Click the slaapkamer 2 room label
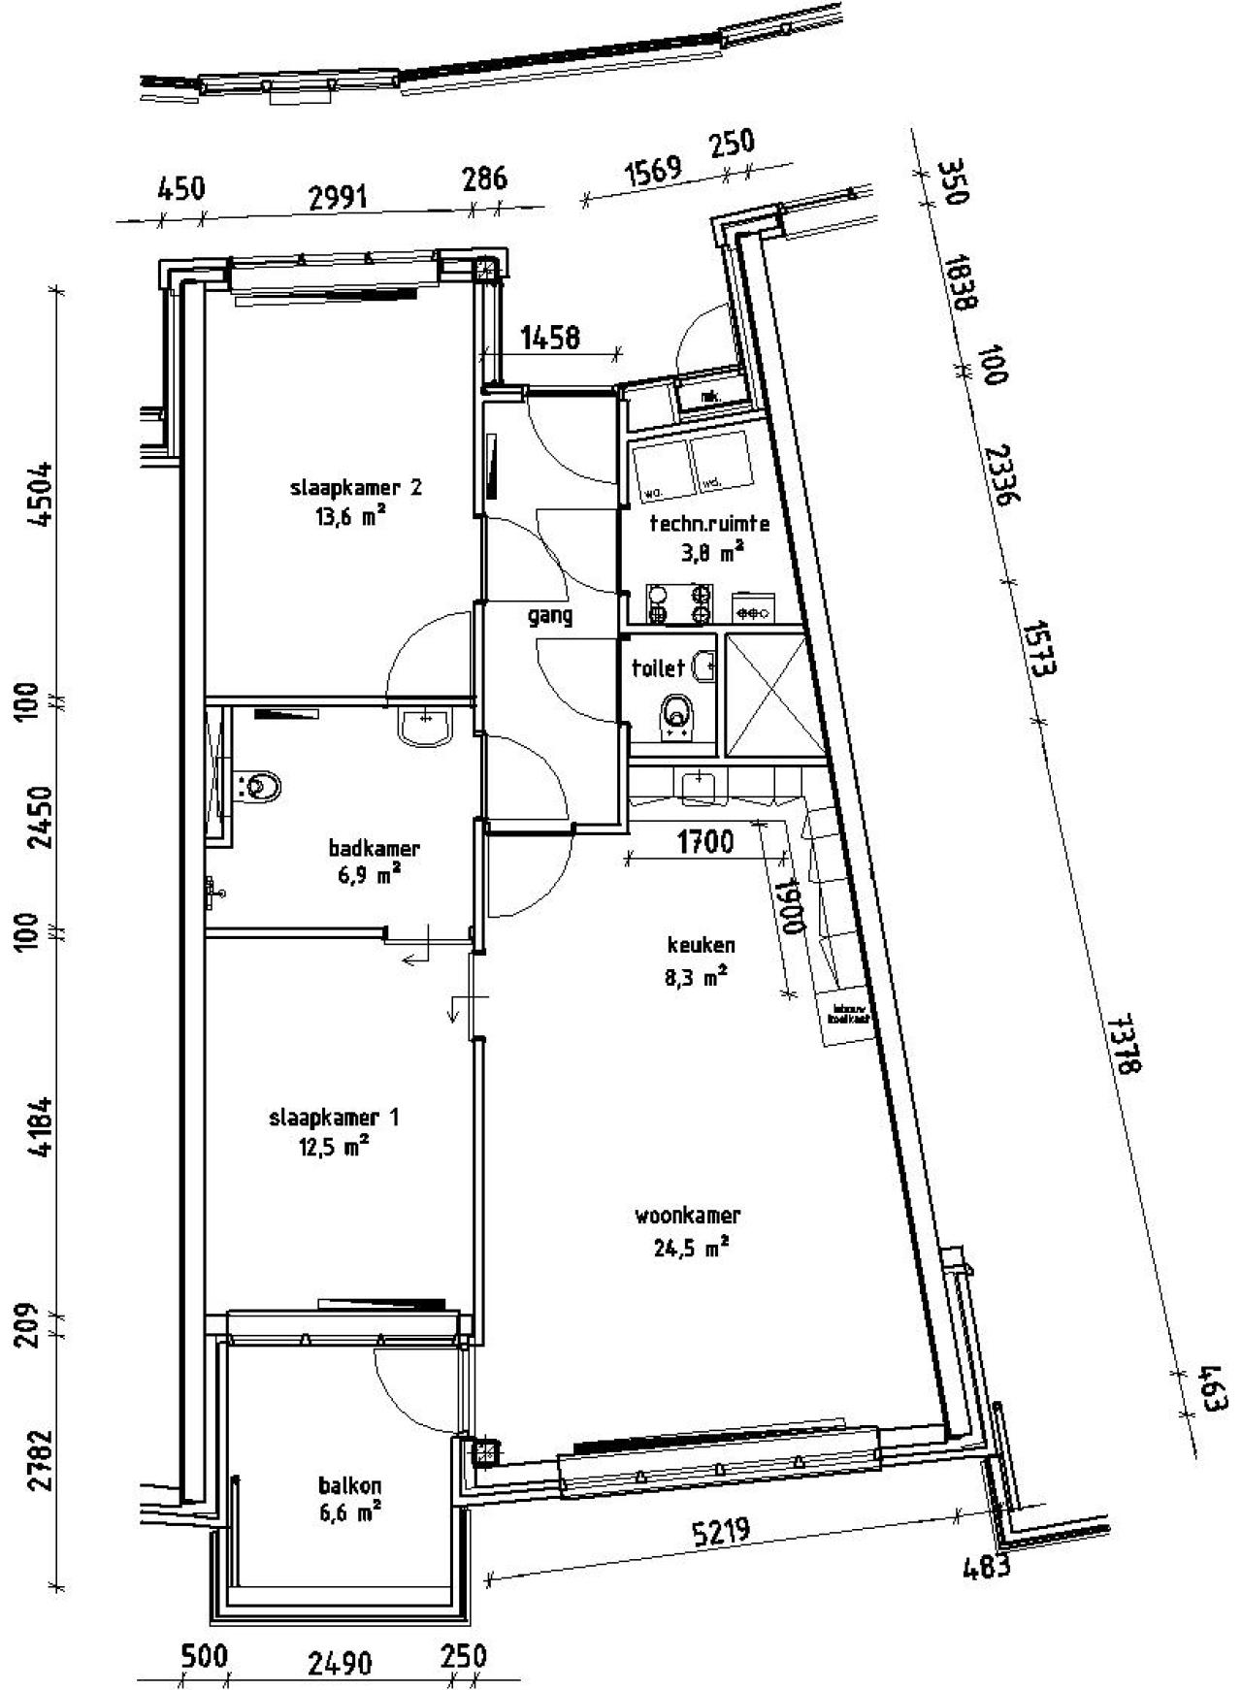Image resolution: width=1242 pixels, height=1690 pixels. tap(355, 488)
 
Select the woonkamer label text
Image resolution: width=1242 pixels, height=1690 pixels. tap(688, 1215)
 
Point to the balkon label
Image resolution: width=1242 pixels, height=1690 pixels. tap(349, 1485)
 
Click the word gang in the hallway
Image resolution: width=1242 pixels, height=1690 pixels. tap(550, 615)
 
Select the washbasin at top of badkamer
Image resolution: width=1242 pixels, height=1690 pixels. tap(425, 726)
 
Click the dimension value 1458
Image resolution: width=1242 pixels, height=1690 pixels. tap(550, 338)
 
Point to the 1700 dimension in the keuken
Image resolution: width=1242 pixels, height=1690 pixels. tap(704, 841)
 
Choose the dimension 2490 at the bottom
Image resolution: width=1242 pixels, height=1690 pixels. tap(340, 1664)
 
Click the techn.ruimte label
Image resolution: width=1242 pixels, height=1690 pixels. tap(709, 524)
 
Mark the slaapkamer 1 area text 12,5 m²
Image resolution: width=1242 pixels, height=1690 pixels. tap(334, 1149)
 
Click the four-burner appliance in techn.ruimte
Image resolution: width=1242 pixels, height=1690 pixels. tap(679, 603)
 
